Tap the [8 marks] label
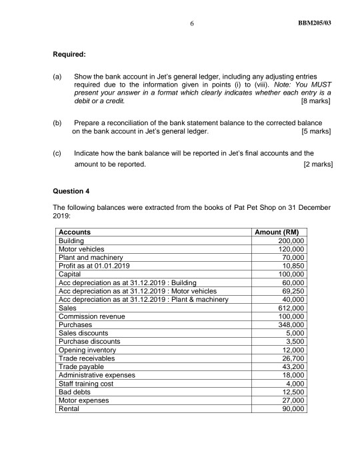316,101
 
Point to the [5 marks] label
316,131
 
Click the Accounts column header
75,232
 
